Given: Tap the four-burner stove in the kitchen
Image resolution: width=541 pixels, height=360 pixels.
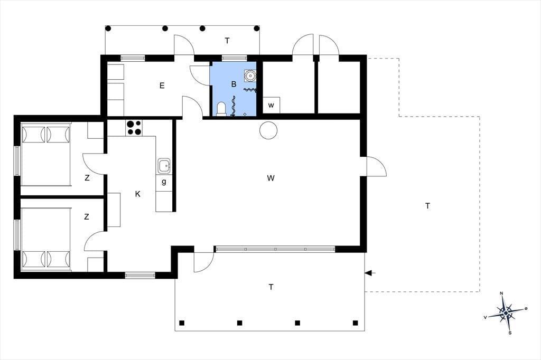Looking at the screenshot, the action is coord(134,128).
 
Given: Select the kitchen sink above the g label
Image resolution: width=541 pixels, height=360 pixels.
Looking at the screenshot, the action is coord(164,166).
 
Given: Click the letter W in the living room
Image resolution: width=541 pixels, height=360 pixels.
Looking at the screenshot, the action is coord(271,178).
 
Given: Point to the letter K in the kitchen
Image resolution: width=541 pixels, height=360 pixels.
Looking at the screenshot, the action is coord(138,194).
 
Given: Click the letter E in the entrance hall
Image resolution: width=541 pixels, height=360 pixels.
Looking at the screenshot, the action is coord(162,86).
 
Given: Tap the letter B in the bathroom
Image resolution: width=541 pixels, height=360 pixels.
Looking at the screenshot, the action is coord(234,84).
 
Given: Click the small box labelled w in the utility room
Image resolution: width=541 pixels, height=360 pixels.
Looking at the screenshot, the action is coord(271,105).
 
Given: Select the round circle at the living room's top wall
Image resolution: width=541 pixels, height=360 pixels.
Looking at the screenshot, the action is coord(268,130).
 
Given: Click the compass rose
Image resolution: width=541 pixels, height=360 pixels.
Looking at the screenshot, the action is coord(506,313).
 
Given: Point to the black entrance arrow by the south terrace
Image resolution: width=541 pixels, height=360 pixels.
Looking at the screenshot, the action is coord(370,273).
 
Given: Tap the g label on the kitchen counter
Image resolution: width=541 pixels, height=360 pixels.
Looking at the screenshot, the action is coord(164,182).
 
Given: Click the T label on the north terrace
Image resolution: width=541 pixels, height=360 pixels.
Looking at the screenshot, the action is coord(227,41).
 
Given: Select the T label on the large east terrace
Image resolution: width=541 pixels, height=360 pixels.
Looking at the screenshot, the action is coord(428,206).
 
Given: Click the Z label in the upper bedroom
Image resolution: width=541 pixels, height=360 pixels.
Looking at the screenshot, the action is coord(87,178).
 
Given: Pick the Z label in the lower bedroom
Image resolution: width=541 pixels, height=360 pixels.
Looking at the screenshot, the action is coord(86,216).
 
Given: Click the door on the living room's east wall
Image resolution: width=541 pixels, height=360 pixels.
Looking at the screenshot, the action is coord(376,167).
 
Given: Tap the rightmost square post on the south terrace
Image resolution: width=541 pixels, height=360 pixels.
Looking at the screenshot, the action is coord(356,323).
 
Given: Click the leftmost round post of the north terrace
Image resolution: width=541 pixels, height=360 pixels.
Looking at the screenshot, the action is coord(108,29).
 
